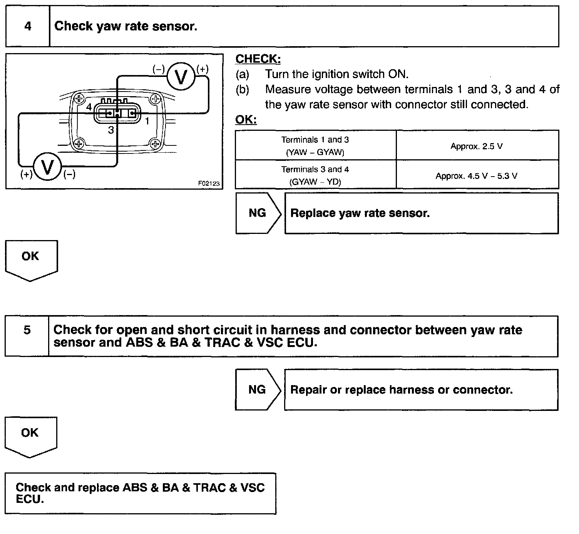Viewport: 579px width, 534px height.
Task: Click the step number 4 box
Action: click(28, 27)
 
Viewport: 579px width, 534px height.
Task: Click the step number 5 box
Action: click(27, 336)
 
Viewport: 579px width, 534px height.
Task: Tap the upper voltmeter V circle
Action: click(181, 77)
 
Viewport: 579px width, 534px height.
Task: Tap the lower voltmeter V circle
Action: click(47, 167)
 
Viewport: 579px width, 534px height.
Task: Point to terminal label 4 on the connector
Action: click(89, 107)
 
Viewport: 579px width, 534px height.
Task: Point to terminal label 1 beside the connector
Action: click(147, 121)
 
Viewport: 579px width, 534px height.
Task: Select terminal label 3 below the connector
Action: click(111, 130)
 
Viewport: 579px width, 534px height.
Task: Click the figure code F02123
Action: click(209, 184)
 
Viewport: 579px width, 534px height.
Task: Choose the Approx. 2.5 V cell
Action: click(477, 146)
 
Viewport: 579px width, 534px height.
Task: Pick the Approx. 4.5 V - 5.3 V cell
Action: click(477, 176)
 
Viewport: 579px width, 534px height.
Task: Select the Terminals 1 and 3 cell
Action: click(315, 146)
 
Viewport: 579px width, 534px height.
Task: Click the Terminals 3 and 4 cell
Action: click(315, 175)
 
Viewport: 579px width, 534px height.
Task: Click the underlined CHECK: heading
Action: click(258, 59)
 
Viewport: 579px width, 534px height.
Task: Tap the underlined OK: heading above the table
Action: click(246, 120)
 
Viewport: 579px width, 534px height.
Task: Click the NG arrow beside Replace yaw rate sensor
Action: click(258, 213)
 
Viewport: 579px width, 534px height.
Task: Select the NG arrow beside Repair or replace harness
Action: click(258, 390)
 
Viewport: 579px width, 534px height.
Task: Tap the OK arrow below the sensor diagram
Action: click(30, 259)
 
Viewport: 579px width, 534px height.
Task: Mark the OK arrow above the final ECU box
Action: click(30, 435)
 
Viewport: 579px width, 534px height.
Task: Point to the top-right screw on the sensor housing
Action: click(156, 99)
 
